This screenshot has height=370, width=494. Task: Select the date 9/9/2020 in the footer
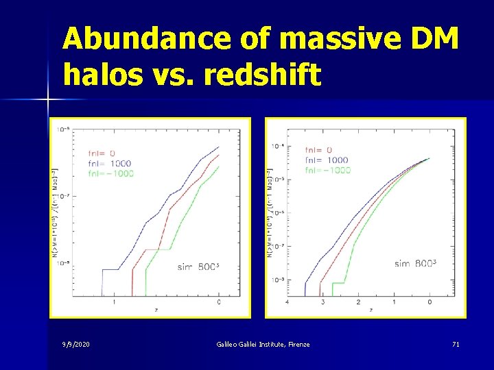click(x=75, y=344)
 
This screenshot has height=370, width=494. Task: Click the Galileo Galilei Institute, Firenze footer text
click(x=262, y=344)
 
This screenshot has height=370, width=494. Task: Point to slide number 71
click(x=456, y=344)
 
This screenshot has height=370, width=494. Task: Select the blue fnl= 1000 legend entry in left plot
click(x=110, y=163)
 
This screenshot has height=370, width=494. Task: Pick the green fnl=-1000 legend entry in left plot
click(x=111, y=173)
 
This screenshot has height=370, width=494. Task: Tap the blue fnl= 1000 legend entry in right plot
click(x=327, y=160)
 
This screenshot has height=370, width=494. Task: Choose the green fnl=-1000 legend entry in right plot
click(x=328, y=170)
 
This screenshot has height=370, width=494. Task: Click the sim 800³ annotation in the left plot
click(x=198, y=267)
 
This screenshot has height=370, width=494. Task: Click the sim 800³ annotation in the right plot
click(x=415, y=263)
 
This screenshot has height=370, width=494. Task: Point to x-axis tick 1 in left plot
click(x=114, y=302)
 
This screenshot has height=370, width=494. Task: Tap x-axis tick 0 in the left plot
click(x=219, y=302)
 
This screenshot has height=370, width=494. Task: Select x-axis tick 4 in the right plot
click(x=287, y=302)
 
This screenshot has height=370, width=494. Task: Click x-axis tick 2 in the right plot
click(x=358, y=302)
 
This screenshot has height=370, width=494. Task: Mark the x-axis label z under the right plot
click(x=371, y=310)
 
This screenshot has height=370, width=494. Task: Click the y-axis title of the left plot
click(x=56, y=212)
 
